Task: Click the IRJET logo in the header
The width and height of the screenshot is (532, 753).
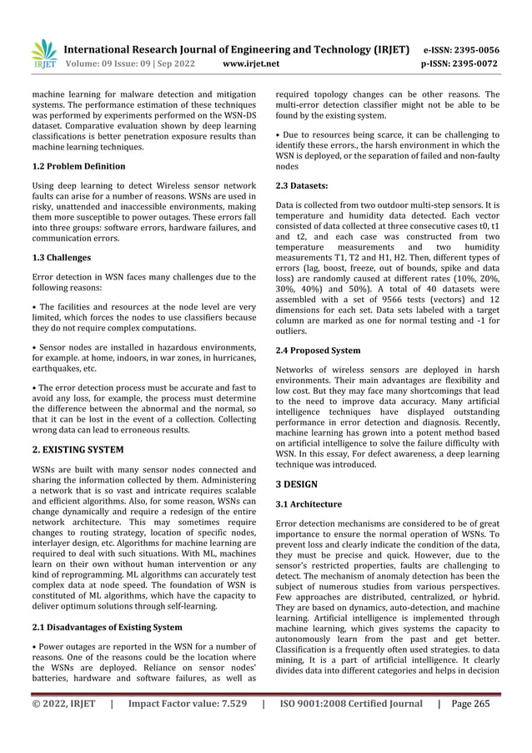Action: (43, 53)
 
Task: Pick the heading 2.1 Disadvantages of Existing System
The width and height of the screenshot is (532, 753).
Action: (103, 626)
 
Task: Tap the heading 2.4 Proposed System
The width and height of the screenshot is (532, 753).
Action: (318, 351)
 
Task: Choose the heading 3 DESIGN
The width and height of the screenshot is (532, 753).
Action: (297, 483)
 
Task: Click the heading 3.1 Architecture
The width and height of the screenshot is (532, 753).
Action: (309, 504)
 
